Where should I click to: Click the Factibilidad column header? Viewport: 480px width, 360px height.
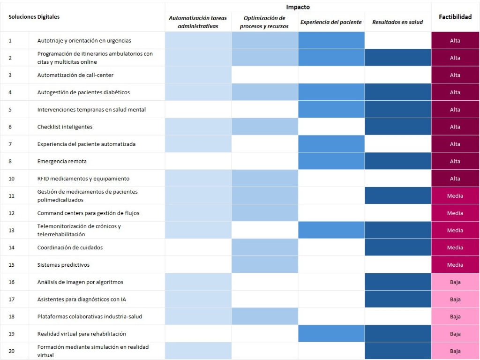[455, 17]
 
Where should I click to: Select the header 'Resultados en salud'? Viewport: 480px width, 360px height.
[397, 22]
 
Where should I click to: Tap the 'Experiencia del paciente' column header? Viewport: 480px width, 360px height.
[331, 22]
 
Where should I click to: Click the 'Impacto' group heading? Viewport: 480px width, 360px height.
[298, 7]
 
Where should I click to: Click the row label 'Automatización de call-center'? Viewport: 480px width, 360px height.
[75, 75]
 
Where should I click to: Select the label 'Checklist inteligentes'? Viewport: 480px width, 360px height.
[65, 127]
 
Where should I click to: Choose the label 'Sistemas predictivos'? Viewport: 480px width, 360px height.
[63, 265]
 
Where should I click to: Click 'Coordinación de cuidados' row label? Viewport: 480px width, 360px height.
[70, 247]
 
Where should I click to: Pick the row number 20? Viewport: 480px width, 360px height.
[12, 351]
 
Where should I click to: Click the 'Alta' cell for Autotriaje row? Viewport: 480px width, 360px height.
[455, 40]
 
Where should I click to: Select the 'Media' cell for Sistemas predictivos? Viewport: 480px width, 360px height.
[455, 265]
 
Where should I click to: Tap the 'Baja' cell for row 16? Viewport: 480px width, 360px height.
[455, 282]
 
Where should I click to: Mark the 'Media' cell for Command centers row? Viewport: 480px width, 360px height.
[455, 213]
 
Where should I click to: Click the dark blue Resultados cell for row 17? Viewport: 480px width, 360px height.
[397, 299]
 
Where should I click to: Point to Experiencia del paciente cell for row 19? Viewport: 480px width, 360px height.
[331, 334]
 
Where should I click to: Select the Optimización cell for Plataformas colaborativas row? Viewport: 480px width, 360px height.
[264, 316]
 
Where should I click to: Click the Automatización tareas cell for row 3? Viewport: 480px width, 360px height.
[198, 75]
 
